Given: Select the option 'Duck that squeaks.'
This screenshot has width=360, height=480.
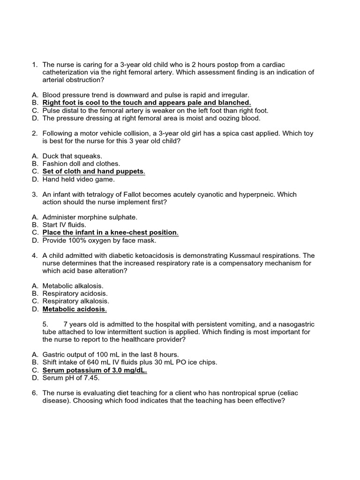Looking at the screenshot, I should click(72, 156).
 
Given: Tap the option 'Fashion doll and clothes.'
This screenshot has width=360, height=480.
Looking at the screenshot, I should click(81, 164).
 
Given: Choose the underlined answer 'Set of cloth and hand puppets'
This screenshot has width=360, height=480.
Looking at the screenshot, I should click(93, 172).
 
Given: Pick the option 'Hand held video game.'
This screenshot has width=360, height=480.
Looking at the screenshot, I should click(78, 179).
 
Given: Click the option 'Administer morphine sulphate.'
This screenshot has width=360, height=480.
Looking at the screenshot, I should click(90, 217).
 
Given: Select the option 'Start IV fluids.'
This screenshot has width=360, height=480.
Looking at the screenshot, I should click(64, 225).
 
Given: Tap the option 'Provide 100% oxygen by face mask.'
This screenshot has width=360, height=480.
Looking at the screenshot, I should click(99, 240).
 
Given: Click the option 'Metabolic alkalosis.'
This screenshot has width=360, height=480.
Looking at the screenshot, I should click(73, 285).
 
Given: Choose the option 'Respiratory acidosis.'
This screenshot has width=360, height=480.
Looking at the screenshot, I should click(75, 293).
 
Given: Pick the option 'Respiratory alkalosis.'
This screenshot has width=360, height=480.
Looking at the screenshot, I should click(75, 301).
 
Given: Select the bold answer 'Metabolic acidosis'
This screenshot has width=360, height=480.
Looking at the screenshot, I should click(74, 309).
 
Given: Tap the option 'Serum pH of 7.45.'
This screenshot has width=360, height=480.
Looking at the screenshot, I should click(71, 378).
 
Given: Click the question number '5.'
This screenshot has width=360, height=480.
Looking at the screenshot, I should click(45, 324).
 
